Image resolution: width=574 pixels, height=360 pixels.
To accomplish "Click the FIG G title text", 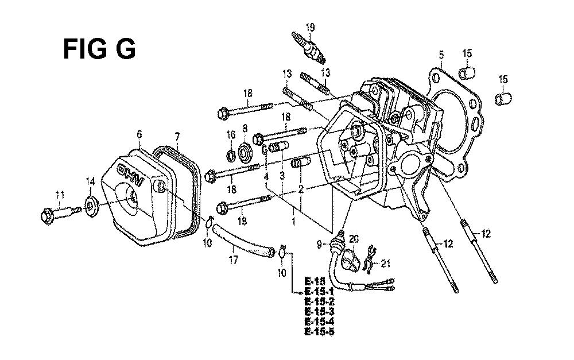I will click(99, 50).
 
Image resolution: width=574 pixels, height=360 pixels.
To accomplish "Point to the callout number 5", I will click(441, 55).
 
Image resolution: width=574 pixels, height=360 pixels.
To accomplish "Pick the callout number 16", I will click(232, 134).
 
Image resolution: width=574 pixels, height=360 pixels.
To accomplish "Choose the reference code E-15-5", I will click(320, 331).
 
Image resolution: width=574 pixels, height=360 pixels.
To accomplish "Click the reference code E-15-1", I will click(320, 291).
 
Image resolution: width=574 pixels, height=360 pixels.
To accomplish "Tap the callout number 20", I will click(354, 238).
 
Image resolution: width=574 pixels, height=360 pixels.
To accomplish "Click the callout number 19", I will click(310, 26).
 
